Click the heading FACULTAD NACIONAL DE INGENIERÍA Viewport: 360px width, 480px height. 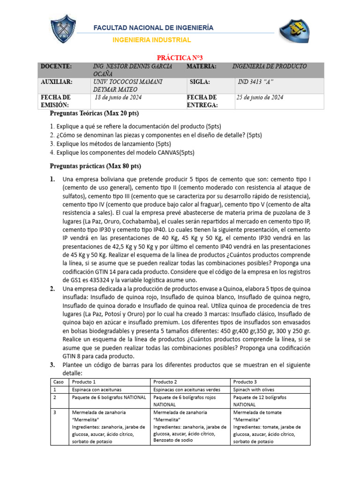coord(154,28)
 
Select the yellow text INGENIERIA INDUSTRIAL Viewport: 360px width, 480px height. coord(152,40)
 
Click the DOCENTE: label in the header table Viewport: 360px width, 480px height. coord(56,67)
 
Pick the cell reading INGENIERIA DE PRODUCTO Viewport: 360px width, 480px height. coord(269,67)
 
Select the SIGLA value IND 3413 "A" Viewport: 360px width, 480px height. coord(255,82)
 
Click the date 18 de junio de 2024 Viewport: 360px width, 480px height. coord(118,97)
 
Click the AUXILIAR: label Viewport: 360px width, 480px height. coord(57,82)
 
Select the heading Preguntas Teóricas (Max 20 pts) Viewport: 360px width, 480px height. coord(94,114)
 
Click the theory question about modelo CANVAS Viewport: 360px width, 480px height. coord(122,153)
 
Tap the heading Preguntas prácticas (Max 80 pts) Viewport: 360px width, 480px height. coord(95,166)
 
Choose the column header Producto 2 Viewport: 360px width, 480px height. coord(165,382)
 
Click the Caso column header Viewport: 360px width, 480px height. coord(58,382)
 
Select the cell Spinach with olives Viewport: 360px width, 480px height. coord(253,390)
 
